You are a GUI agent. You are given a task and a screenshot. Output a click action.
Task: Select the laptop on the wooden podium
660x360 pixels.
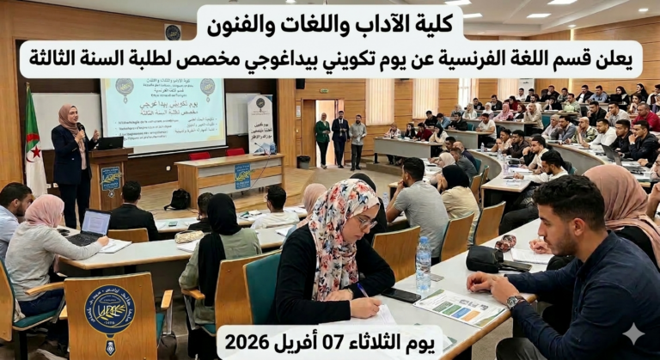110,142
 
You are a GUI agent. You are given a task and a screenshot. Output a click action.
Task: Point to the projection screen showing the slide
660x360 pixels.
158,114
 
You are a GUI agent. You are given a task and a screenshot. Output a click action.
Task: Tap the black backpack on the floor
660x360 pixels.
179,199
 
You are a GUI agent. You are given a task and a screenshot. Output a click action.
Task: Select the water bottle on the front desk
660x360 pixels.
423,264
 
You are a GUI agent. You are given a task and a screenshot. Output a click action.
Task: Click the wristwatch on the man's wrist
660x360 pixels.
514,302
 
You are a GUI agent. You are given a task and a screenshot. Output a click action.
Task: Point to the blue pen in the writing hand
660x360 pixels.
364,293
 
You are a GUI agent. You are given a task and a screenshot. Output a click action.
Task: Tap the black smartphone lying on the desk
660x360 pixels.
400,295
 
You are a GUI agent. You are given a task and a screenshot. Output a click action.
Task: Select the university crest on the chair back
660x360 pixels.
109,309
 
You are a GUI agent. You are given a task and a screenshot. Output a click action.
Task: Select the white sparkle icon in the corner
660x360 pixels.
633,333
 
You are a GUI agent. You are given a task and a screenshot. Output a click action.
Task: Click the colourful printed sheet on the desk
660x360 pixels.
461,307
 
